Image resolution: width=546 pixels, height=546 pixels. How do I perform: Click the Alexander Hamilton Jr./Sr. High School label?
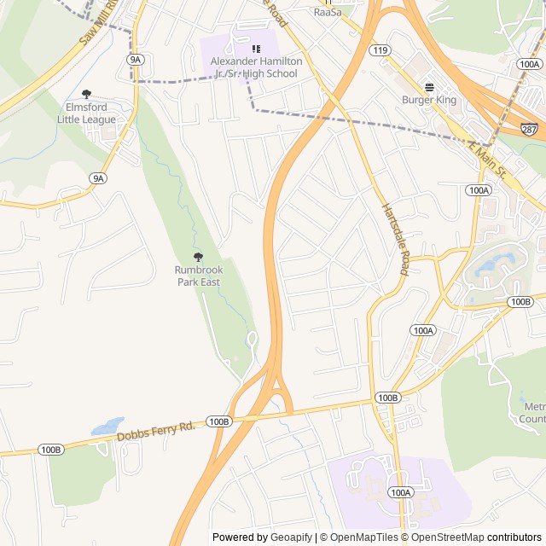coord(254,67)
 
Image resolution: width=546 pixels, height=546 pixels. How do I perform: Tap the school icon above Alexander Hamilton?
coord(255,48)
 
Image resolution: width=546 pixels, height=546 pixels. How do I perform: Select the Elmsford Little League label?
coord(86,113)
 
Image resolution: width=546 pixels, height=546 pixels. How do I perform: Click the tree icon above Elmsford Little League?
coord(86,94)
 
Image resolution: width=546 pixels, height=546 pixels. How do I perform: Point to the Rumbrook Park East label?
coord(199,276)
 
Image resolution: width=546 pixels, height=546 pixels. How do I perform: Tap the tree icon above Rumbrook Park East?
coord(199,257)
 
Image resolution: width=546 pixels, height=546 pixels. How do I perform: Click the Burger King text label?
coord(429,100)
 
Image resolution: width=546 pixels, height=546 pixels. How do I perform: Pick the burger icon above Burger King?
coord(429,86)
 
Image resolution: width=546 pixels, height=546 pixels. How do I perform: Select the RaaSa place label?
coord(327,12)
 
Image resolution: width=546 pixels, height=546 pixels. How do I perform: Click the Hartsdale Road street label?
coord(395,239)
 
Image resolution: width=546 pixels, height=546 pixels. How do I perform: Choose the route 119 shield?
coord(380,51)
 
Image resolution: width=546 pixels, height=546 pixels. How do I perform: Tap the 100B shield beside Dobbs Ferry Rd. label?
coord(219,421)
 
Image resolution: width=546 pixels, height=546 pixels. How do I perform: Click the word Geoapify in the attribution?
coord(290,537)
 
